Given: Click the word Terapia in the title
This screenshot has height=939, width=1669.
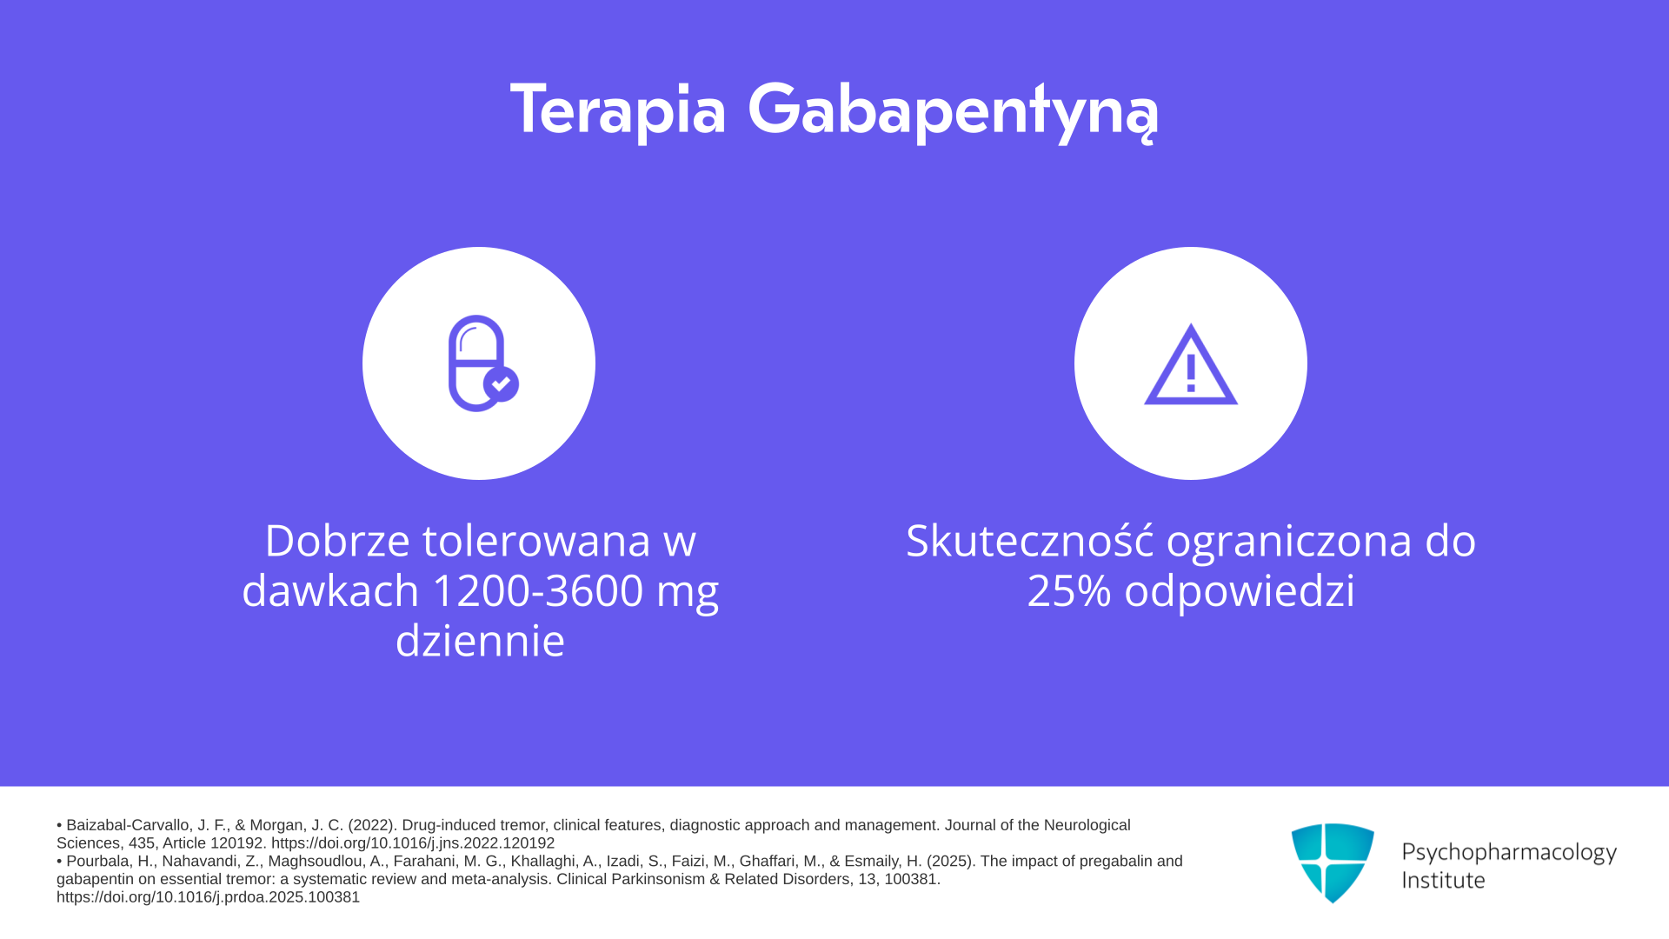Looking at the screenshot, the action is (618, 110).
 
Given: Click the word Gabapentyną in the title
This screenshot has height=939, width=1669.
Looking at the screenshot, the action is (953, 111).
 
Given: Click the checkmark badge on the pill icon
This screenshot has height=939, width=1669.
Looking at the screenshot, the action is (501, 383).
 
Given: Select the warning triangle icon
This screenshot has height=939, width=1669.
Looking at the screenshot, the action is (1191, 364).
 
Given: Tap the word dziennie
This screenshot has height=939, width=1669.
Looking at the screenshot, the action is (480, 641).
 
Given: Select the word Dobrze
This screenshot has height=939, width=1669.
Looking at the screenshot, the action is (337, 540).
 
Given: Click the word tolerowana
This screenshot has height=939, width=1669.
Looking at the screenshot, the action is (536, 540).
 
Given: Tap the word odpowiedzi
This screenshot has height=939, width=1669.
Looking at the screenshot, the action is (1240, 592).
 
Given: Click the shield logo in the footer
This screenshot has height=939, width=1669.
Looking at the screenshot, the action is (1333, 863).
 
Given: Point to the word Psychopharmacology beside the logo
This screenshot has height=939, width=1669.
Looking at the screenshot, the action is (1509, 853).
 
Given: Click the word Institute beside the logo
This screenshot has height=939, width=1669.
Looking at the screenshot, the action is (1443, 880).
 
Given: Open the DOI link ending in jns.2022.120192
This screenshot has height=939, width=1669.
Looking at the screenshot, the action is (413, 843).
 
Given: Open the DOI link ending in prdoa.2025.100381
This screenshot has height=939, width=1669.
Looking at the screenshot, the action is (209, 897).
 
